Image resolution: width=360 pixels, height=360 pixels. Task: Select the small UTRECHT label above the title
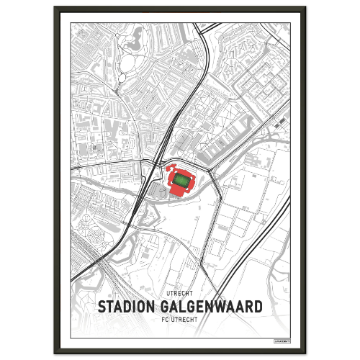(x=179, y=294)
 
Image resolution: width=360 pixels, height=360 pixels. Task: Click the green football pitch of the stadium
(x=183, y=183)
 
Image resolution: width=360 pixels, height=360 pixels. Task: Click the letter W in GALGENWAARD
(x=215, y=306)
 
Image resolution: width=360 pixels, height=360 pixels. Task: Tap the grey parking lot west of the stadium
(x=157, y=190)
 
